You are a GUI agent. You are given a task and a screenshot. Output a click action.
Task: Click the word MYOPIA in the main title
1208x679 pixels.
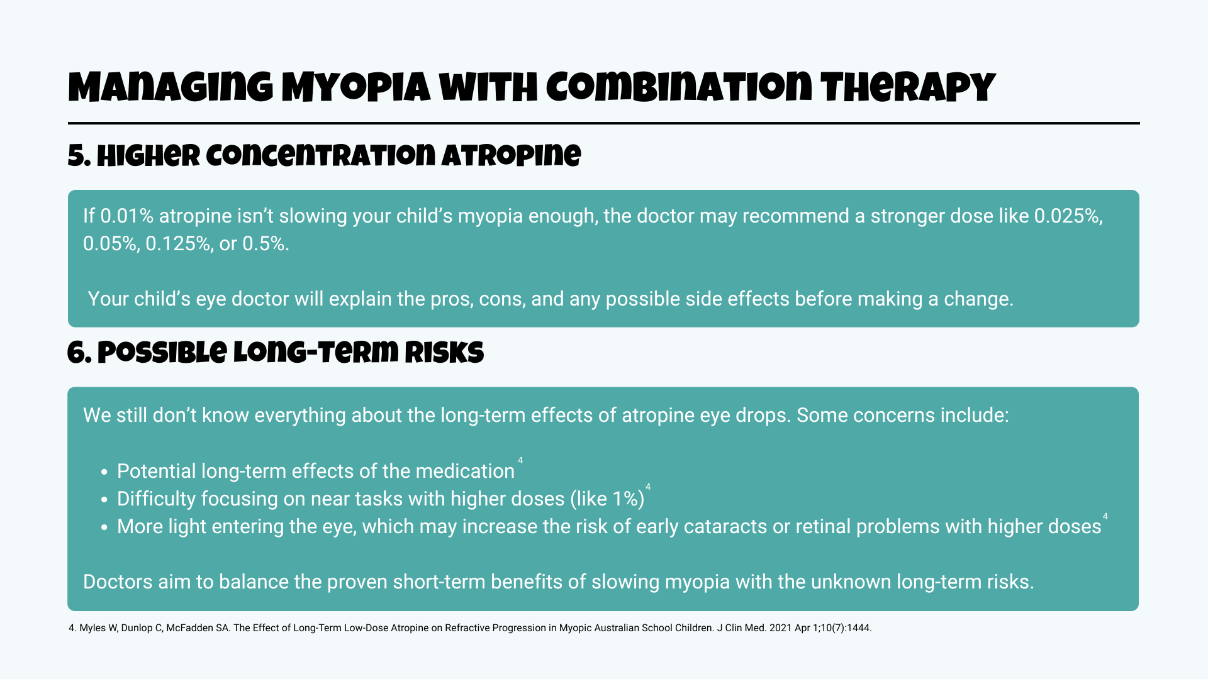pyautogui.click(x=356, y=88)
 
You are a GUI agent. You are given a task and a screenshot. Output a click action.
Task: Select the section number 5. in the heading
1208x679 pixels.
pyautogui.click(x=79, y=156)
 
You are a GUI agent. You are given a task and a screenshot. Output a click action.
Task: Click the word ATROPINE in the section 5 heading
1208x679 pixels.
pyautogui.click(x=511, y=156)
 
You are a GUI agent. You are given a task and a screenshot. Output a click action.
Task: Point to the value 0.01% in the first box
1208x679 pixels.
pyautogui.click(x=127, y=216)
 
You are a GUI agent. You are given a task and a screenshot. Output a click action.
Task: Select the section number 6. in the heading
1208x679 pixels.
pyautogui.click(x=80, y=353)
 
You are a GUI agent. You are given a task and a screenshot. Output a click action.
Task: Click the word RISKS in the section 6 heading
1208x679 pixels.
pyautogui.click(x=444, y=353)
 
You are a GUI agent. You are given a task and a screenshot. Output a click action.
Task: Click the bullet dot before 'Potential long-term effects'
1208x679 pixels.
pyautogui.click(x=104, y=472)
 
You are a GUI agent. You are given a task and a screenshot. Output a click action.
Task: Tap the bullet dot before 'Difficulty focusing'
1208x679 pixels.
pyautogui.click(x=104, y=500)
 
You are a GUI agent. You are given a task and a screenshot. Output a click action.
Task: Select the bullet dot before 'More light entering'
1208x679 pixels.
pyautogui.click(x=104, y=527)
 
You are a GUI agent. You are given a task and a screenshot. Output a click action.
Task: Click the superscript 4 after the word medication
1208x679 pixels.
pyautogui.click(x=520, y=461)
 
